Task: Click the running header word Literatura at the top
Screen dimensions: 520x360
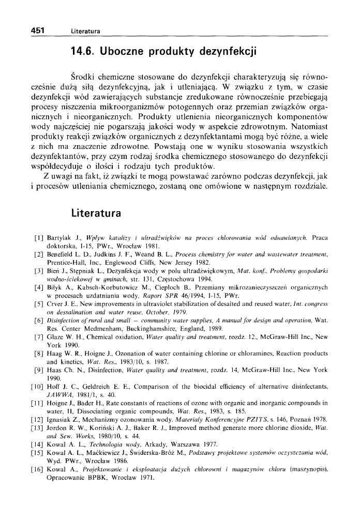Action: point(86,32)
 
